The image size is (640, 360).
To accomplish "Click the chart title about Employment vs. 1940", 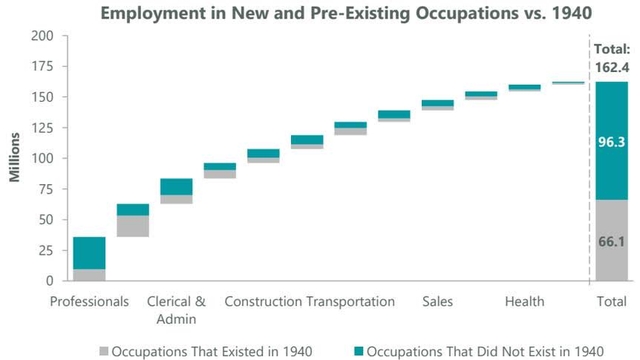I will coord(319,14).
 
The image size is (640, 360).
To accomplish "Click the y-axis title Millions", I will coord(14,157).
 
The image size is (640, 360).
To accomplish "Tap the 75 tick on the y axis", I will coord(45,189).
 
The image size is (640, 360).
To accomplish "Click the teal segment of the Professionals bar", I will coord(89,253).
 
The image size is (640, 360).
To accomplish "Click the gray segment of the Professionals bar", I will coord(89,275).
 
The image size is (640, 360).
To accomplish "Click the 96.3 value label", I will coord(611,143).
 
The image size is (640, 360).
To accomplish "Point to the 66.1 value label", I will coord(611,242).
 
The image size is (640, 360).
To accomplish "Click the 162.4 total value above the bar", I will coord(611,67).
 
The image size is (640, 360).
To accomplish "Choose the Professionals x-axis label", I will coord(89,301).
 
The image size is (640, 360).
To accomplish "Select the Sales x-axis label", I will coord(437,301).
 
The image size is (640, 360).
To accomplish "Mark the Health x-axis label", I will coord(524,301).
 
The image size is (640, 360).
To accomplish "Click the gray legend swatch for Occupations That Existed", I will coord(103,350).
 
